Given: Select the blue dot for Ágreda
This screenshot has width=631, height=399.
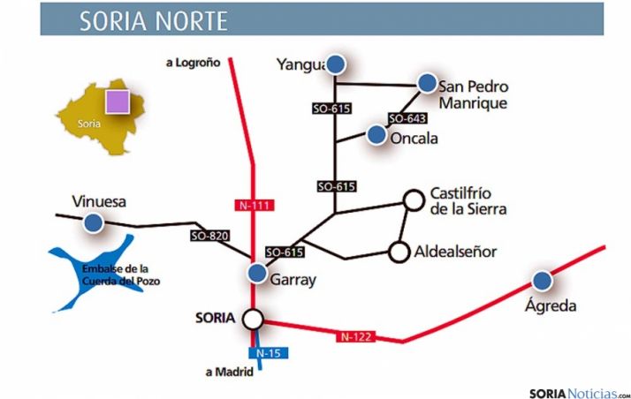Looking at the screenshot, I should [541, 281].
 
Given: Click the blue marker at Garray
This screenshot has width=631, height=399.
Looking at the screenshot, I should [256, 274].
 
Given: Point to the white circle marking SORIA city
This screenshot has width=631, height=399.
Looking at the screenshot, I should [254, 318].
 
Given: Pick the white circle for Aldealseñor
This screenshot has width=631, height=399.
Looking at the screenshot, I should [399, 252].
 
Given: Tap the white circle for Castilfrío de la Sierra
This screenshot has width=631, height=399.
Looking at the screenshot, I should [413, 199].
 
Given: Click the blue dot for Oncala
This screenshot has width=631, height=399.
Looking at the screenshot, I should [376, 135].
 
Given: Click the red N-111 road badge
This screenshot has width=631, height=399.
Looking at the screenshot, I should [255, 206].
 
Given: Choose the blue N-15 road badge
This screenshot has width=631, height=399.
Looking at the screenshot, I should [268, 353].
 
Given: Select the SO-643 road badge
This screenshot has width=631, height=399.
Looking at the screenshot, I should [407, 118].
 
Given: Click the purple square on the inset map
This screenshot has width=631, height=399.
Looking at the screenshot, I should [118, 102].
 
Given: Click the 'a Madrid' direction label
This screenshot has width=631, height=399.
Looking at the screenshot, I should [229, 373].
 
